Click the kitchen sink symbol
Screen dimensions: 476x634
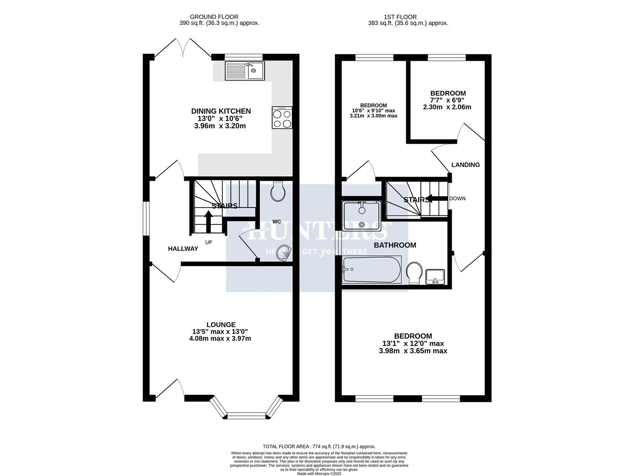244,71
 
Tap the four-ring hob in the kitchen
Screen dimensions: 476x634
282,118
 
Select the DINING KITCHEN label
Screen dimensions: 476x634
221,111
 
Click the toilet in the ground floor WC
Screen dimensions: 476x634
278,192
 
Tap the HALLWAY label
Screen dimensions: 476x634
183,249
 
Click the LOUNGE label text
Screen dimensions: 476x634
221,324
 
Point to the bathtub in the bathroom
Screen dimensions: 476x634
371,270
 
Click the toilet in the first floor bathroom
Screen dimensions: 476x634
414,273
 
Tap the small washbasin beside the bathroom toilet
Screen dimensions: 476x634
435,277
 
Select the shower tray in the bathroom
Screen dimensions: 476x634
361,216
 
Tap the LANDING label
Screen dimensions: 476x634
465,165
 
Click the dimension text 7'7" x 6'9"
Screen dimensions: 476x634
447,100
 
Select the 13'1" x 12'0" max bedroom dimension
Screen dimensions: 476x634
413,343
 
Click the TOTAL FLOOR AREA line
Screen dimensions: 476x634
319,446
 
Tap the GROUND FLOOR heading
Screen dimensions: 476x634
220,17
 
